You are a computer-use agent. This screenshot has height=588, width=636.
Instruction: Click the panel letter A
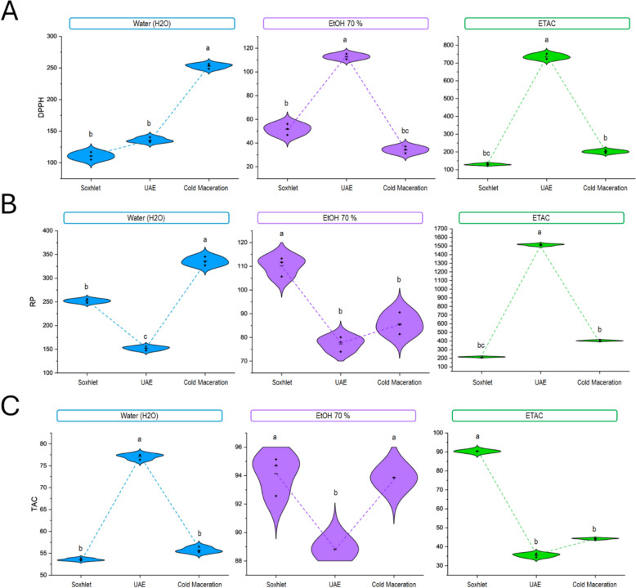coord(9,11)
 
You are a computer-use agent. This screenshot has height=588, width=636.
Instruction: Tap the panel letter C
coord(10,406)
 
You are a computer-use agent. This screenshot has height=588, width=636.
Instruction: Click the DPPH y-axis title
coord(41,107)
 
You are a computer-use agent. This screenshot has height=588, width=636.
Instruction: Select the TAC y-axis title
coord(34,504)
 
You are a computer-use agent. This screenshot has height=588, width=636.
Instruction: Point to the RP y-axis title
coord(33,301)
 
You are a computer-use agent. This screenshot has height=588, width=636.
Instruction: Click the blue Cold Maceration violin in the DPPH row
coord(209,65)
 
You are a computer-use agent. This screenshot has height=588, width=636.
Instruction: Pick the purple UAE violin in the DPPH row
coord(347,56)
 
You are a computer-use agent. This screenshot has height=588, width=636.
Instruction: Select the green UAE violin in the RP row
coord(540,244)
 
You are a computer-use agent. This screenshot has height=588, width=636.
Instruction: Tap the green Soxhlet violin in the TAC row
coord(477,451)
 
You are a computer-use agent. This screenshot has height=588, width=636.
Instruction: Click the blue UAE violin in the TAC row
coord(140,456)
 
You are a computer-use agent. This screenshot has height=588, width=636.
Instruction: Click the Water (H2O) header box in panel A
coord(152,24)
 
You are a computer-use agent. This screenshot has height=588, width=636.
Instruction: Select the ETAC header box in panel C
coord(535,416)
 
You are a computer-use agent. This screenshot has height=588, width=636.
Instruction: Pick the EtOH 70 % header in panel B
coord(340,217)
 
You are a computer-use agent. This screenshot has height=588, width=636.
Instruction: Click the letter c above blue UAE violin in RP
coord(146,336)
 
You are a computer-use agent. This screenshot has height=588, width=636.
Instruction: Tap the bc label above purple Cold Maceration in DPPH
coord(405,131)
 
